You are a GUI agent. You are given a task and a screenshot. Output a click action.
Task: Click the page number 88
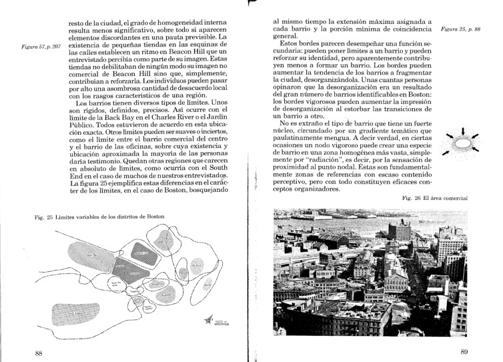pos(39,351)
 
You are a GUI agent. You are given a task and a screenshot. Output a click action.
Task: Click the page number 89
pos(464,351)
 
